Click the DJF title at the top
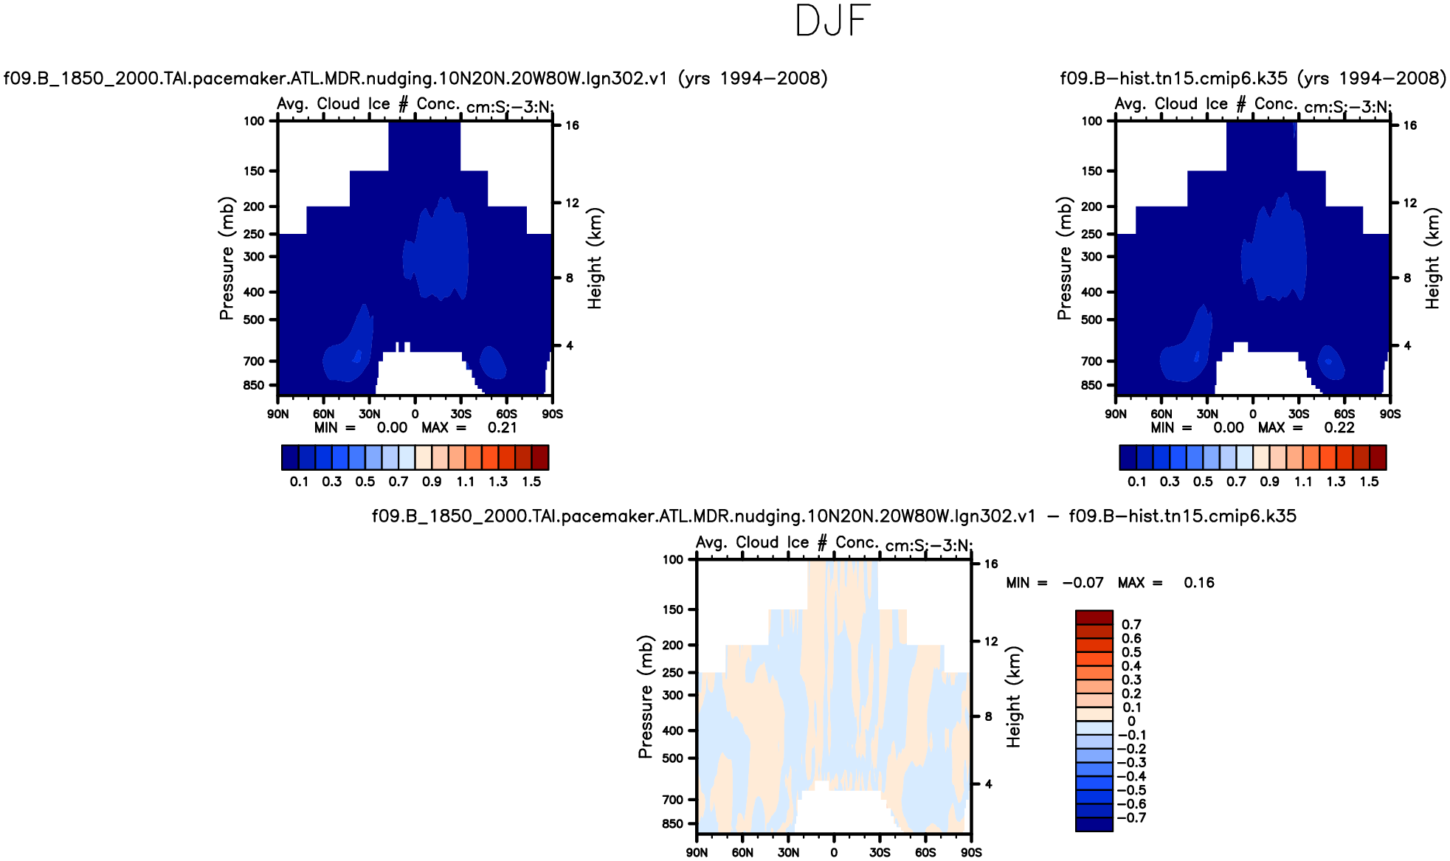pos(833,21)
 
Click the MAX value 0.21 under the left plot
pos(502,428)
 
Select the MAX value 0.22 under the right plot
pos(1339,428)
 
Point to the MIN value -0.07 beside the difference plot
pos(1083,583)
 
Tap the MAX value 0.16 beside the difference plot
pos(1198,583)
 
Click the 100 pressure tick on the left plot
pos(254,121)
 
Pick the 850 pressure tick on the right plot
pos(1091,385)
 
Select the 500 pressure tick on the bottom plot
pos(672,758)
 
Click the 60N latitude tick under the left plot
pos(323,414)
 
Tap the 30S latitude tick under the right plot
pos(1299,414)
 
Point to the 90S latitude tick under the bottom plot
pos(971,852)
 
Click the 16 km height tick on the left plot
pos(572,125)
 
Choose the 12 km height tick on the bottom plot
pos(991,641)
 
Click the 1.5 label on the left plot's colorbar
pos(531,482)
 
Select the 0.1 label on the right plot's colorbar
pos(1137,482)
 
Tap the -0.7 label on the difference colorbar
pos(1131,817)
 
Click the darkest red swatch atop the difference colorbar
pos(1094,618)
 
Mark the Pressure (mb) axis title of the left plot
pos(226,258)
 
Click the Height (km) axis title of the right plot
pos(1432,258)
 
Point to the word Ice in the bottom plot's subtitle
pos(798,542)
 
